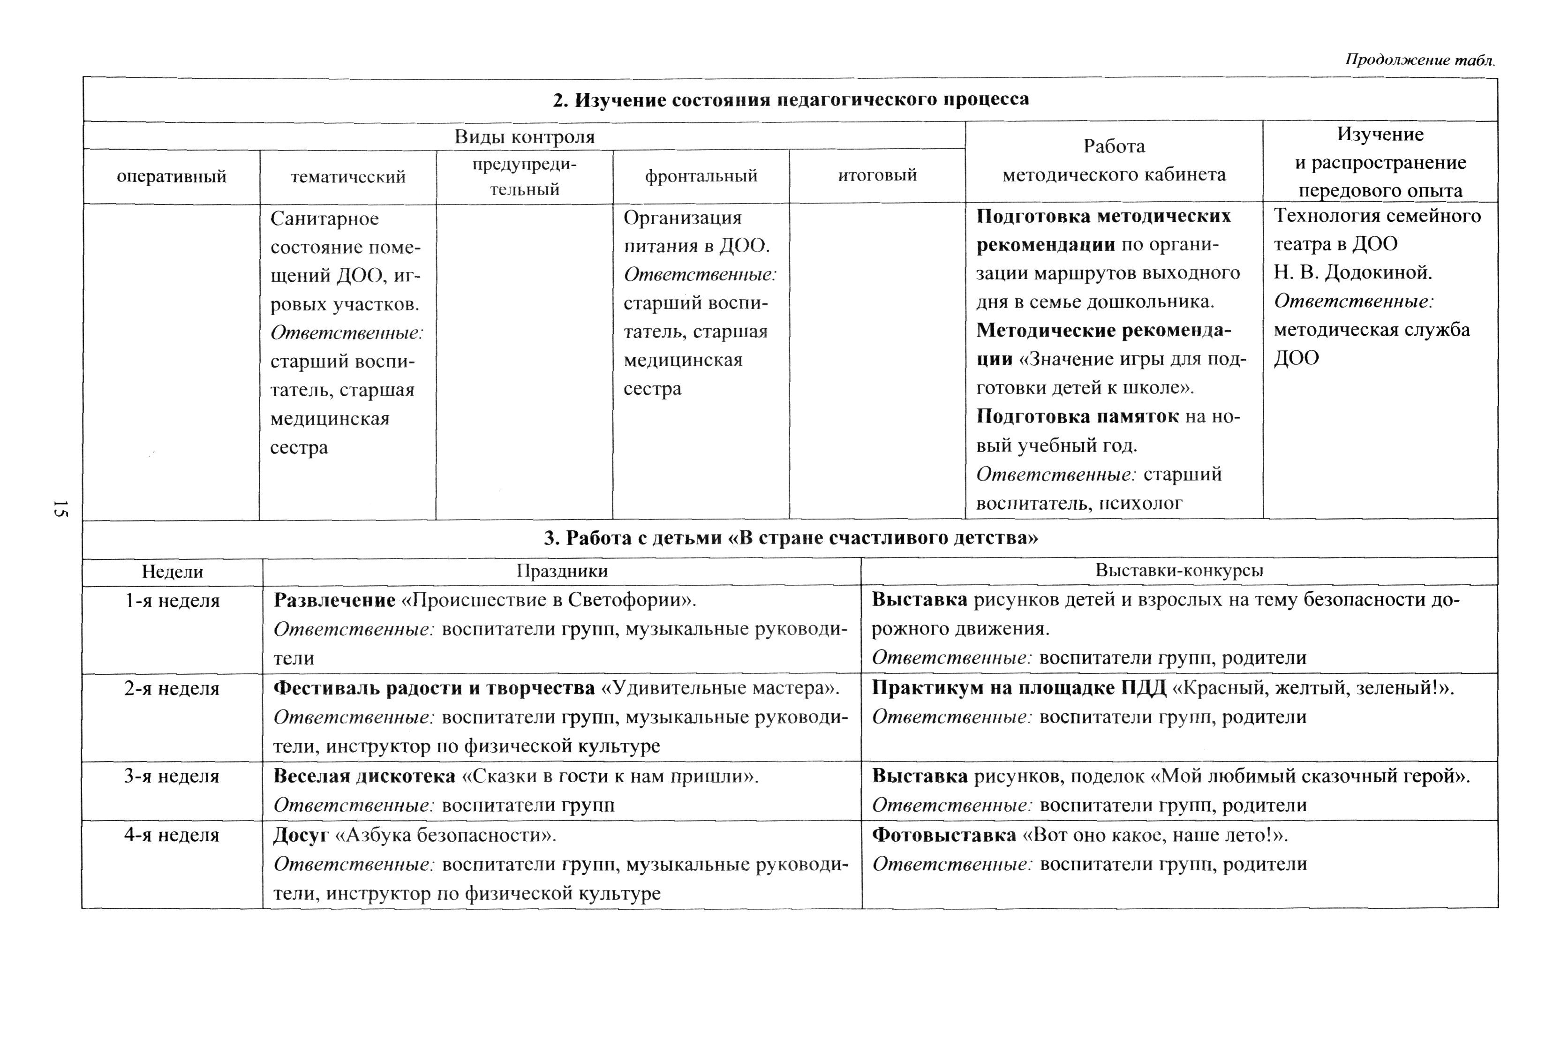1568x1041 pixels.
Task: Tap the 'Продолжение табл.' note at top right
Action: click(1420, 60)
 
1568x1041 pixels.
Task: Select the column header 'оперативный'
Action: click(171, 177)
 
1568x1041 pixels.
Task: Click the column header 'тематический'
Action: click(348, 177)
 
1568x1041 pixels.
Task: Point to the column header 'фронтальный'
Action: click(701, 176)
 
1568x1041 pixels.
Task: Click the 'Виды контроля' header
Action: click(524, 137)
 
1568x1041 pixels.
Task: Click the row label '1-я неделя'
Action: click(172, 601)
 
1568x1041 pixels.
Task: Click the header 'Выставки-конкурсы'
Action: click(1179, 570)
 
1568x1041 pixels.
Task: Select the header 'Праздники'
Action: click(562, 571)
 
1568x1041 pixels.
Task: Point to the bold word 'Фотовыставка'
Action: click(943, 835)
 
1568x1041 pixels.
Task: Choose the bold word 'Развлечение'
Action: click(335, 600)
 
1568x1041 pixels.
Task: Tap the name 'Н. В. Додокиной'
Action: click(1352, 272)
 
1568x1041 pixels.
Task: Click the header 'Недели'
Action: click(173, 572)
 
